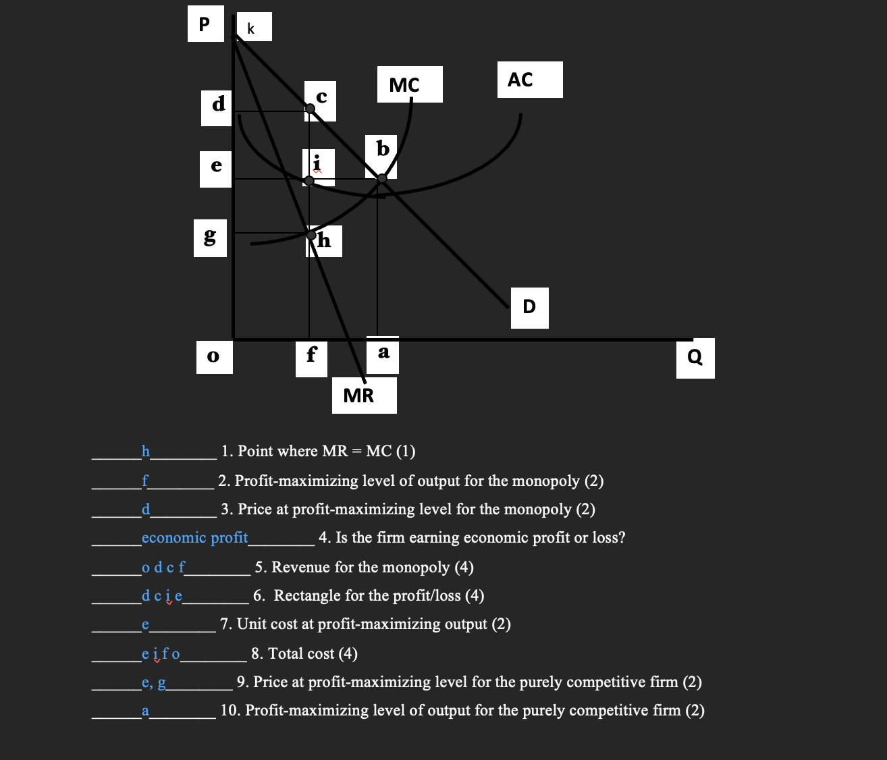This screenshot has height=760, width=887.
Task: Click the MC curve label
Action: click(x=405, y=85)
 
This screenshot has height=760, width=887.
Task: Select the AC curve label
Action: click(x=520, y=80)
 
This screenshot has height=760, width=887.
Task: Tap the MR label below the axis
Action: click(x=358, y=396)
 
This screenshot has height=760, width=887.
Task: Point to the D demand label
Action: click(x=529, y=307)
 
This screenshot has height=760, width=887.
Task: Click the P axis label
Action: click(x=205, y=25)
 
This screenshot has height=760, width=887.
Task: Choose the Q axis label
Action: click(x=695, y=357)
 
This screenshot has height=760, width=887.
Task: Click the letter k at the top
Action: click(x=251, y=28)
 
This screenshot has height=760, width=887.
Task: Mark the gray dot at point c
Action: click(x=310, y=109)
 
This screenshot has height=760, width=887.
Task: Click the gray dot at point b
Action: click(x=381, y=178)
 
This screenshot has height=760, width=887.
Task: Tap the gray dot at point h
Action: click(x=311, y=236)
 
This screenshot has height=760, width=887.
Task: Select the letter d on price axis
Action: click(x=218, y=105)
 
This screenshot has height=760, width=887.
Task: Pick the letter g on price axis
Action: click(x=210, y=236)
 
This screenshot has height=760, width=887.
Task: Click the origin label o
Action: click(x=213, y=356)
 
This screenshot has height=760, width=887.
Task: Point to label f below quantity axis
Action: click(x=311, y=354)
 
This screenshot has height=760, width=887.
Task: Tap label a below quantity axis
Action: click(x=383, y=352)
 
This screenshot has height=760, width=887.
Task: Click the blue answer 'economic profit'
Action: click(x=194, y=538)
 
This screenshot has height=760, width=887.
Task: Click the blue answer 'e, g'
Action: click(x=154, y=682)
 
